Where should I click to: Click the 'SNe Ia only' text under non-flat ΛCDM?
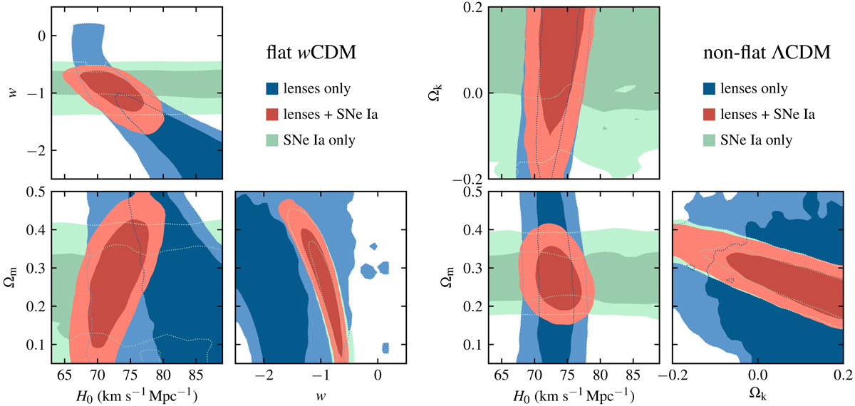point(765,140)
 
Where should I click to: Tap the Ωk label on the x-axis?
point(757,392)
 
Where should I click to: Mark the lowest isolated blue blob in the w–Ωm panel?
point(385,348)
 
